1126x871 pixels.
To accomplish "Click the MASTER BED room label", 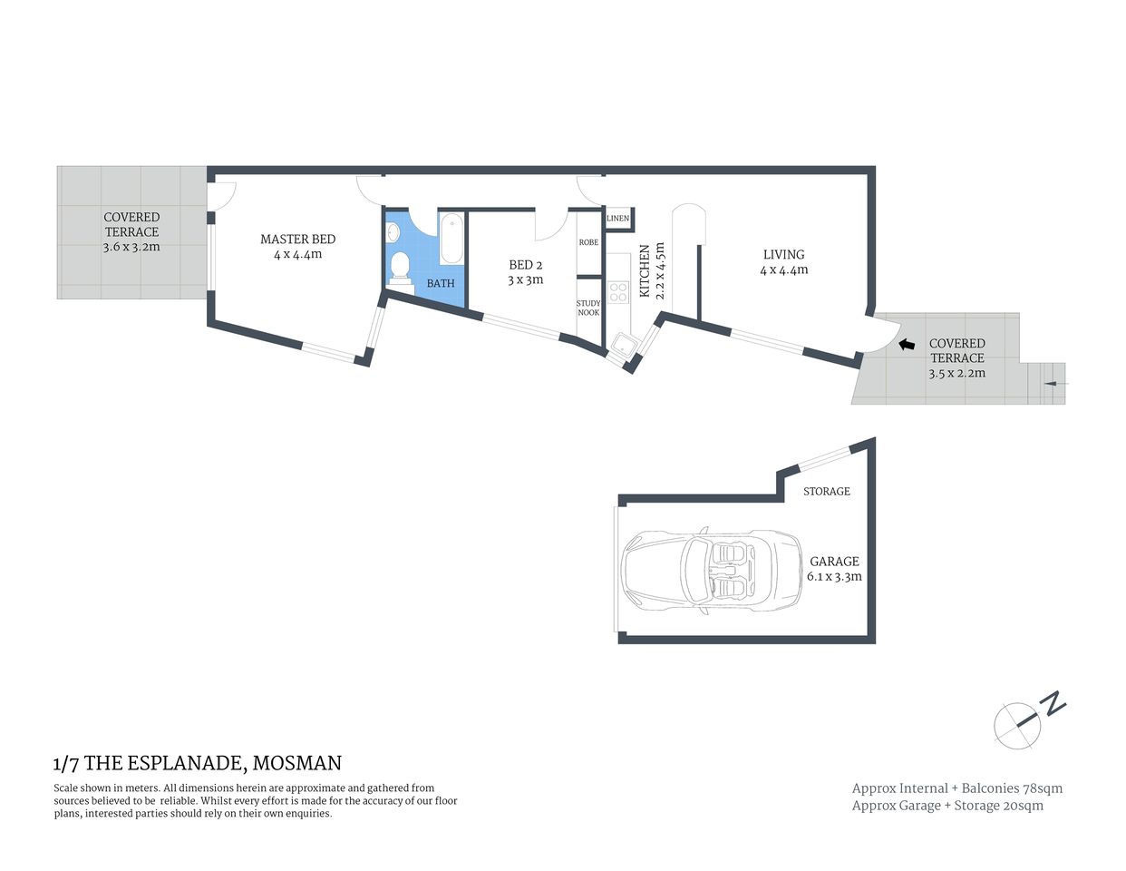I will (x=297, y=240).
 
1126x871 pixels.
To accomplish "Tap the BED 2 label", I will (x=525, y=265).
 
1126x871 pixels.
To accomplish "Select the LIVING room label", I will (x=783, y=255).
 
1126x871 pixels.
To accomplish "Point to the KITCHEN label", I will (x=645, y=270).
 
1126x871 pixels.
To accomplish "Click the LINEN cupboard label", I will (x=617, y=219).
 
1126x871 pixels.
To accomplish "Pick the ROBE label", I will (x=588, y=242).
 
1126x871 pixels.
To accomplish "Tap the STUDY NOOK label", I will (x=588, y=308).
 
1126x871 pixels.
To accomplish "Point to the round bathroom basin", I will (x=393, y=233).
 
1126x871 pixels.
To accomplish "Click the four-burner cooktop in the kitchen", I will (x=618, y=292).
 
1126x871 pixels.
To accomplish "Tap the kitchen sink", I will (x=623, y=343).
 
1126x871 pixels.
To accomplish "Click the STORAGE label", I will (x=826, y=491).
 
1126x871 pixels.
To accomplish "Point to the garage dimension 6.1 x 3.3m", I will (x=834, y=576).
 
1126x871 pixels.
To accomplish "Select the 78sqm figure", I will (x=1042, y=788).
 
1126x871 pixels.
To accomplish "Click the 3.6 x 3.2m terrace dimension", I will (x=131, y=246).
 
